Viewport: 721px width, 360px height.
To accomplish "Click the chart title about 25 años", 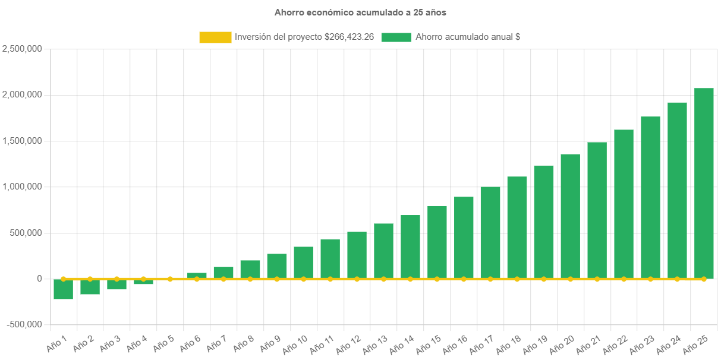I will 360,12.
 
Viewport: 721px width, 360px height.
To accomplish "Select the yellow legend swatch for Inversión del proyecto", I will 215,37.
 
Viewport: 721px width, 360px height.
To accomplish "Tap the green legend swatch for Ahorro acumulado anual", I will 396,37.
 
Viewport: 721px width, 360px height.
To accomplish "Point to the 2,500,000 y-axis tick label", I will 22,49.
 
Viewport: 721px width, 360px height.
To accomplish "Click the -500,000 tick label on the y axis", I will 24,324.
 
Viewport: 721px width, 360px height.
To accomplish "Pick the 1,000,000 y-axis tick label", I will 22,187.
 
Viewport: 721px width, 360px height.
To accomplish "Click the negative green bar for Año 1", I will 63,289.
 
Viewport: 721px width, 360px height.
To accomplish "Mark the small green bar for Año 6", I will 197,275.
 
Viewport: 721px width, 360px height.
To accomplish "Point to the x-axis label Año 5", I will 163,343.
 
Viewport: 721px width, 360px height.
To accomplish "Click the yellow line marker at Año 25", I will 704,279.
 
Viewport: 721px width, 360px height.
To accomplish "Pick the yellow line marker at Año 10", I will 303,279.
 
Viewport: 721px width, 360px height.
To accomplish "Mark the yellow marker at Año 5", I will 170,279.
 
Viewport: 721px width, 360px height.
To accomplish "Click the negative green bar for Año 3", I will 117,285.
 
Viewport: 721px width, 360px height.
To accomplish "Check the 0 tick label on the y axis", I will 39,279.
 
